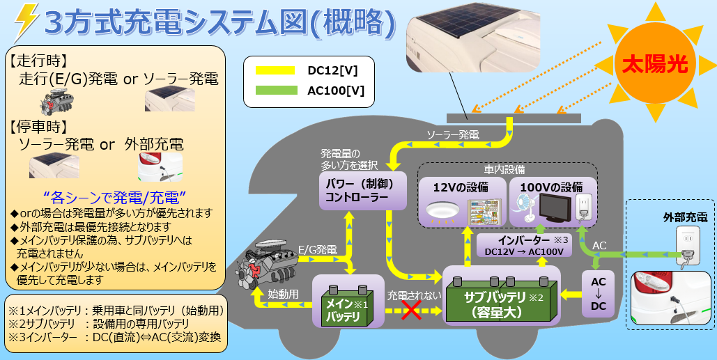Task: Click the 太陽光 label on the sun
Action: point(654,65)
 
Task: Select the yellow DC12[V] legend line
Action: point(276,70)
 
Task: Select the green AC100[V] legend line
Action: point(276,90)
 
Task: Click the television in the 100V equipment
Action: point(555,208)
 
